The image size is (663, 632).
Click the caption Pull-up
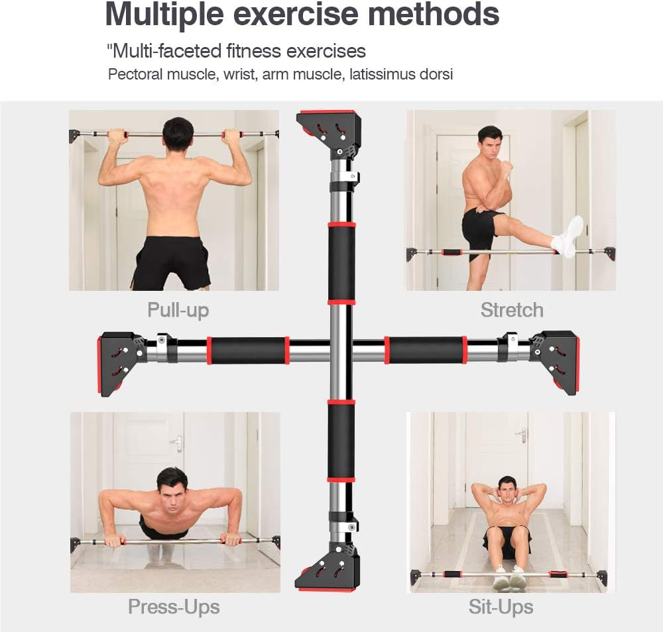pos(178,310)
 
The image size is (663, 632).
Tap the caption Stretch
pos(511,310)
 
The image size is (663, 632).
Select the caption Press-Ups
pos(174,606)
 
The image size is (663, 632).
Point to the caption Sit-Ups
pos(501,606)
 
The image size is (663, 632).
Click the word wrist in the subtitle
pos(241,74)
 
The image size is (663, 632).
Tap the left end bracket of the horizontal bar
pos(121,363)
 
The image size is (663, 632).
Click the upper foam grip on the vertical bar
pos(341,263)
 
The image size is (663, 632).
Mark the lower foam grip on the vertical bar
pos(341,440)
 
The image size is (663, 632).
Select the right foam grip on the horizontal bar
pos(426,350)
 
